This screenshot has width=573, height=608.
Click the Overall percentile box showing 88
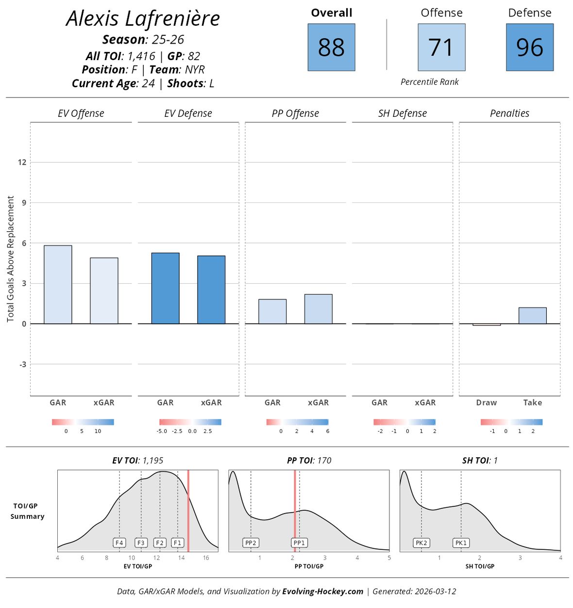[331, 48]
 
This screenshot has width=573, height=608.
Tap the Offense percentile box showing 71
[441, 48]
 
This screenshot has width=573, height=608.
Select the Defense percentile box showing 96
[529, 48]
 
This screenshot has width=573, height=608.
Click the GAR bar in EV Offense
[58, 285]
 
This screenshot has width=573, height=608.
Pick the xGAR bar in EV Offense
[104, 291]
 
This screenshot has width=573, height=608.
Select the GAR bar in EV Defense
[165, 288]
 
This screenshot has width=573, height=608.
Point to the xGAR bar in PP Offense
[318, 309]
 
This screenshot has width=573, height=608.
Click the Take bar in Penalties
[532, 316]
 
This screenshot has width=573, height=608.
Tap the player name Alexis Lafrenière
[143, 19]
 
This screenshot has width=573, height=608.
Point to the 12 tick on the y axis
[22, 162]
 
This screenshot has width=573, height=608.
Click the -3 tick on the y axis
[22, 364]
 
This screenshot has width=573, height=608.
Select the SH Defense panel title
[402, 113]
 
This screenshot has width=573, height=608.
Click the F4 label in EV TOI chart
[119, 543]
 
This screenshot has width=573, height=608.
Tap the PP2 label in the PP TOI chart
[251, 543]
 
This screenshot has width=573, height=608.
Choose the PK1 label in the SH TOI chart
[460, 543]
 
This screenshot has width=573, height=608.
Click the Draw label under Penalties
[486, 402]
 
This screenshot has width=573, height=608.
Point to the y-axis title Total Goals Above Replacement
[11, 259]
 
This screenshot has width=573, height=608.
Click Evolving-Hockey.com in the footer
[322, 591]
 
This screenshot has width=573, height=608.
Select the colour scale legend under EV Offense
[83, 422]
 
